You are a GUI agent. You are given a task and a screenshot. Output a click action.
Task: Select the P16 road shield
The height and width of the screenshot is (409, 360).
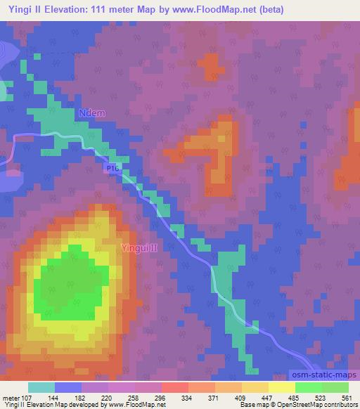(112, 169)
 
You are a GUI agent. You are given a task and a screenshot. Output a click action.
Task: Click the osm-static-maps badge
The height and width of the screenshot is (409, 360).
(326, 377)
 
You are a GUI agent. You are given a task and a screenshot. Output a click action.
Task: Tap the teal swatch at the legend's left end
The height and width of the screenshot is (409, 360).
(41, 387)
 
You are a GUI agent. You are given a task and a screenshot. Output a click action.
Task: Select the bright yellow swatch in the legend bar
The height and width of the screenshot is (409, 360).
(282, 387)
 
